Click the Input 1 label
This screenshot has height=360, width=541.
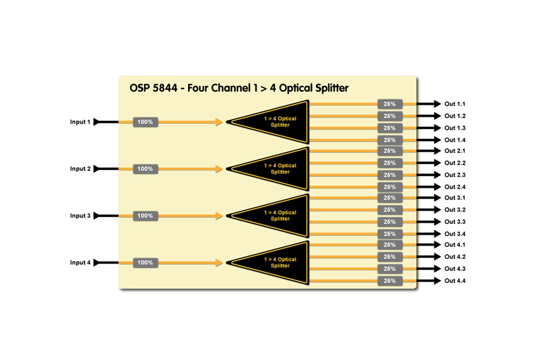coord(80,122)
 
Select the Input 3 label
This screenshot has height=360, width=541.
coord(80,216)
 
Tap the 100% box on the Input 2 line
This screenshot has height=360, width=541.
coord(145,169)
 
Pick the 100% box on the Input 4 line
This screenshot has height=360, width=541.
coord(145,263)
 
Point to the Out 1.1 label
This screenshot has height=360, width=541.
coord(455,104)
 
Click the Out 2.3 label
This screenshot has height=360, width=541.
coord(455,175)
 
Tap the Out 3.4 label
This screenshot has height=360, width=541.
coord(455,234)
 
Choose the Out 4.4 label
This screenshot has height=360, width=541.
coord(455,281)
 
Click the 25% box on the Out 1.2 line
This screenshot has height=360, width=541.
coord(390,116)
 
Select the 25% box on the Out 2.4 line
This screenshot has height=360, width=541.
coord(390,186)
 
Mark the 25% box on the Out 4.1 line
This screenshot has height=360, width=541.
coord(390,245)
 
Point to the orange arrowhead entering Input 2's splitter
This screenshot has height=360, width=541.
coord(219,169)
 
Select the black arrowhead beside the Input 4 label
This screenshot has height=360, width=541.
coord(96,263)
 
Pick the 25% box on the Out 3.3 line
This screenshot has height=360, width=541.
coord(390,222)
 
